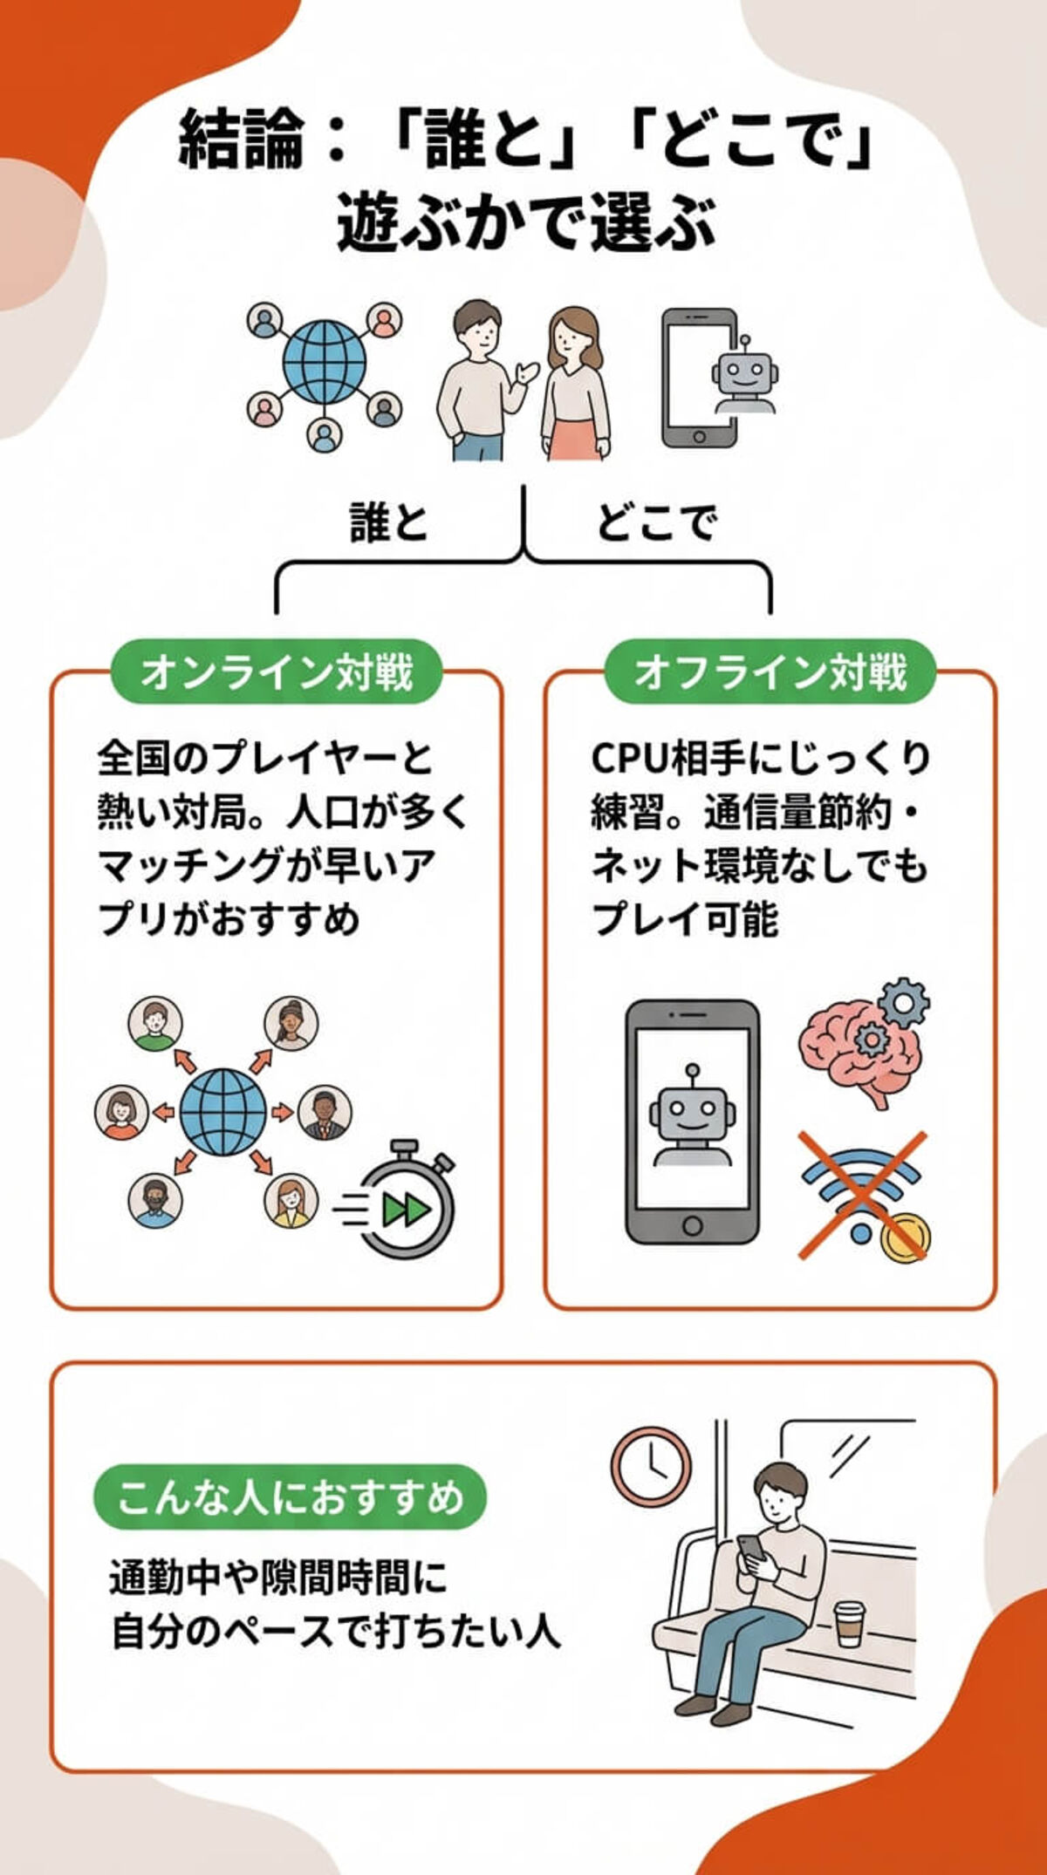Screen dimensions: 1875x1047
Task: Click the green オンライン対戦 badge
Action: click(276, 672)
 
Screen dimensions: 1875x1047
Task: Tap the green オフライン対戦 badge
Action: click(770, 672)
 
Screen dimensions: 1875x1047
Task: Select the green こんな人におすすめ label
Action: click(289, 1497)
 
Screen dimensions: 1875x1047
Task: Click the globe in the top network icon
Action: click(324, 363)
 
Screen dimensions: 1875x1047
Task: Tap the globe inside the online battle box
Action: click(223, 1113)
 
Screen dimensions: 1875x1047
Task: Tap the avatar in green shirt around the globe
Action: click(155, 1024)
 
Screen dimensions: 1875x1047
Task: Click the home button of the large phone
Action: click(692, 1225)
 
